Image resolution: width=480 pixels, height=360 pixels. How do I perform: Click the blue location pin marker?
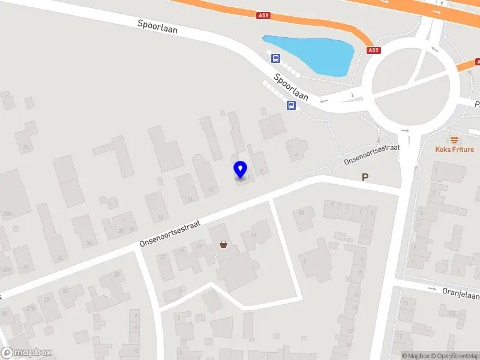click(241, 170)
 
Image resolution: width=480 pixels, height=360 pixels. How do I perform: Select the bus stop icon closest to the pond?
click(275, 58)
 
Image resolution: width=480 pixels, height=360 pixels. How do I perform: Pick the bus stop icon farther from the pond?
click(292, 106)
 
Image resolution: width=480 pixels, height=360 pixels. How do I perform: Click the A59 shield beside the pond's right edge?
click(374, 50)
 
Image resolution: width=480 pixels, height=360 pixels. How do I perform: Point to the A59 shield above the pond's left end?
click(263, 16)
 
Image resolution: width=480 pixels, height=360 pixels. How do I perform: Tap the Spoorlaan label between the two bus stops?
click(291, 87)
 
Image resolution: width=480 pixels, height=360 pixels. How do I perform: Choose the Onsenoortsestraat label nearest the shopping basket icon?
click(169, 233)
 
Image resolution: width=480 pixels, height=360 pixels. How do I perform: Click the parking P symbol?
click(364, 177)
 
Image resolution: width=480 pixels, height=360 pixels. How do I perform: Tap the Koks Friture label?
click(454, 149)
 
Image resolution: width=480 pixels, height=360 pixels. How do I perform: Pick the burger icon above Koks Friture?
click(454, 139)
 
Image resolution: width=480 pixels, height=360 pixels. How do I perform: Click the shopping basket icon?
click(224, 244)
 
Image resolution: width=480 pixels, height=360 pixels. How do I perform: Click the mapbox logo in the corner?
click(26, 353)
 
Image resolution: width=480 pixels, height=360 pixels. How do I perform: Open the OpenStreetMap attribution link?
click(457, 356)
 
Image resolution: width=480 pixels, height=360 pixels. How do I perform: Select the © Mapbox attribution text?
click(416, 356)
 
